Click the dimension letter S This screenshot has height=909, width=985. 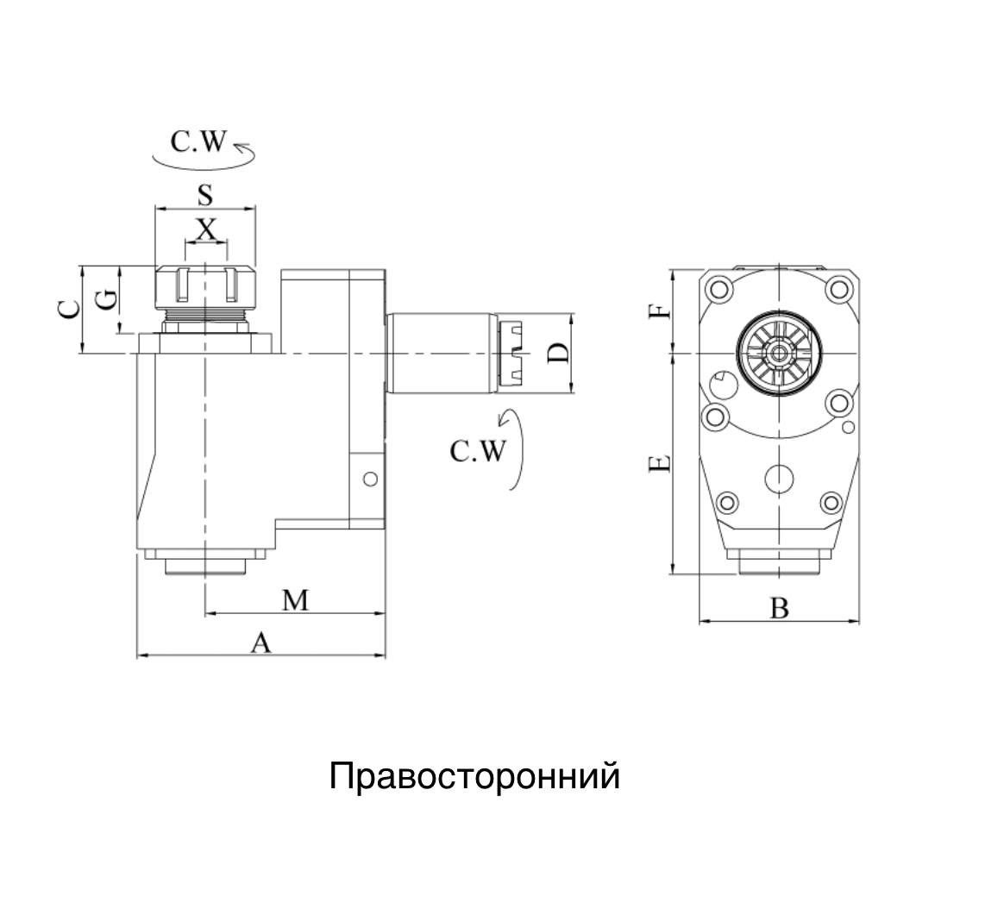[204, 196]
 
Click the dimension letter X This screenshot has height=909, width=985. [205, 229]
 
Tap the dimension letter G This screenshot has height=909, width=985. [105, 300]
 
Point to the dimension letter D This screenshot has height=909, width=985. [559, 353]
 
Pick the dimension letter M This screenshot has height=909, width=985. [295, 600]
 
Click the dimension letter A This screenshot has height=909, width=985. [260, 642]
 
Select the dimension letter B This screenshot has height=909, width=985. [779, 609]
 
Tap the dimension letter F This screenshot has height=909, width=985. [659, 310]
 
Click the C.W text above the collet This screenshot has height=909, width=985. [198, 143]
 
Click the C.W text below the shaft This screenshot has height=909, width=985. [477, 451]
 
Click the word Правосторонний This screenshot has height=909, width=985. [474, 777]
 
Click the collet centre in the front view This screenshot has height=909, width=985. [779, 353]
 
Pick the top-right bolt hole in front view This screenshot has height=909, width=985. [838, 287]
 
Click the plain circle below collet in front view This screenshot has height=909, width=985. [779, 478]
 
